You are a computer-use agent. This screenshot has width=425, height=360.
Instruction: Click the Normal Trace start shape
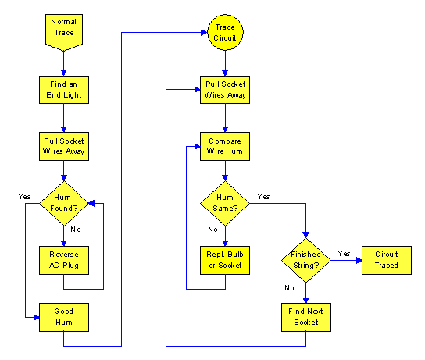[64, 32]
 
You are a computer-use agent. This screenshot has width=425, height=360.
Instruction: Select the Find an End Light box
[64, 90]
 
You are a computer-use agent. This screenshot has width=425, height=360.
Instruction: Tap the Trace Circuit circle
[225, 32]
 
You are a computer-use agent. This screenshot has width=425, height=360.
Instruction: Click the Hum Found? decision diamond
[64, 203]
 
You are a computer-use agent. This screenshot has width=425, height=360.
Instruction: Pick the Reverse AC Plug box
[64, 260]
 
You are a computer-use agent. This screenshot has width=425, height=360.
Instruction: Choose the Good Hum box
[64, 317]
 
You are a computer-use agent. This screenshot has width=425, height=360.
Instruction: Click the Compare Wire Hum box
[225, 146]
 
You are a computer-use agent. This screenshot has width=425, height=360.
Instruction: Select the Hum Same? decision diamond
[225, 203]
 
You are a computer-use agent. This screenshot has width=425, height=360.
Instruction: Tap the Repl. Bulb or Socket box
[225, 260]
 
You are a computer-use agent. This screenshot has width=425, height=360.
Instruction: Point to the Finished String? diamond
[306, 260]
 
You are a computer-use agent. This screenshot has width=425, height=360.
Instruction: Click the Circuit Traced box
[387, 260]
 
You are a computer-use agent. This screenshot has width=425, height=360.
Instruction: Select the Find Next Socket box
[306, 317]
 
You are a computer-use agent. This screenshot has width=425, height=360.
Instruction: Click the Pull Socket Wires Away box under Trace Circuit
[225, 90]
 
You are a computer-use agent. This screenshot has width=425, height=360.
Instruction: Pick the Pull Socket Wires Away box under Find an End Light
[64, 146]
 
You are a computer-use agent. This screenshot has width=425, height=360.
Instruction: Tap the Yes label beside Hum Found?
[24, 196]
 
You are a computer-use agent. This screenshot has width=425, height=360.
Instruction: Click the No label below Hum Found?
[76, 230]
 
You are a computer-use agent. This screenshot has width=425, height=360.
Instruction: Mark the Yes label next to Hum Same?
[263, 196]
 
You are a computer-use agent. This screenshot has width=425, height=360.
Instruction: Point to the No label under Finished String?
[289, 287]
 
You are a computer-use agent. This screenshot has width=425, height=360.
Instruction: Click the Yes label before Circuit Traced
[344, 254]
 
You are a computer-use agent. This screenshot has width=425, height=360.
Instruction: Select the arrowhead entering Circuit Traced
[359, 260]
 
